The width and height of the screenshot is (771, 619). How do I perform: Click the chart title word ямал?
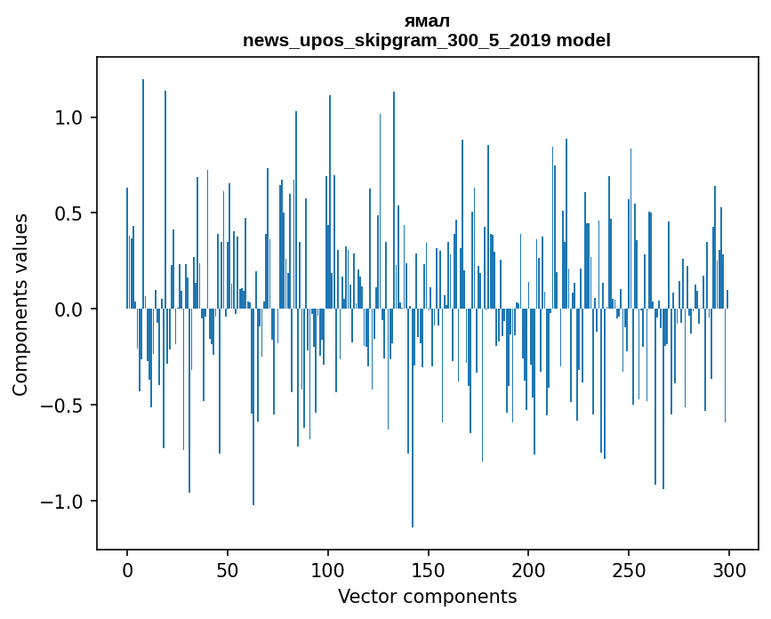[x=427, y=21]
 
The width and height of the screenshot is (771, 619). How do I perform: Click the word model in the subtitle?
[x=583, y=40]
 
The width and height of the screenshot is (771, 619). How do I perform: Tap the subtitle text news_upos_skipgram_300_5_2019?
[x=398, y=40]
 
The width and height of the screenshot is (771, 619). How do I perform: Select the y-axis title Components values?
[x=20, y=304]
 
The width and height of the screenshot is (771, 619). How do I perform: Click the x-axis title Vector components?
[x=427, y=596]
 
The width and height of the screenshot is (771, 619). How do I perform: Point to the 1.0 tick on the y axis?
[x=70, y=117]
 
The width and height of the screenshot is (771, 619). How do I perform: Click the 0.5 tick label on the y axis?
[x=70, y=213]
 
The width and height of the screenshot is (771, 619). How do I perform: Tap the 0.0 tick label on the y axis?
[x=70, y=309]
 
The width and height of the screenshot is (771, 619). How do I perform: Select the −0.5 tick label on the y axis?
[x=64, y=406]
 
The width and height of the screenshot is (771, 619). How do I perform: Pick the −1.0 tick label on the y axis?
[x=64, y=502]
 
